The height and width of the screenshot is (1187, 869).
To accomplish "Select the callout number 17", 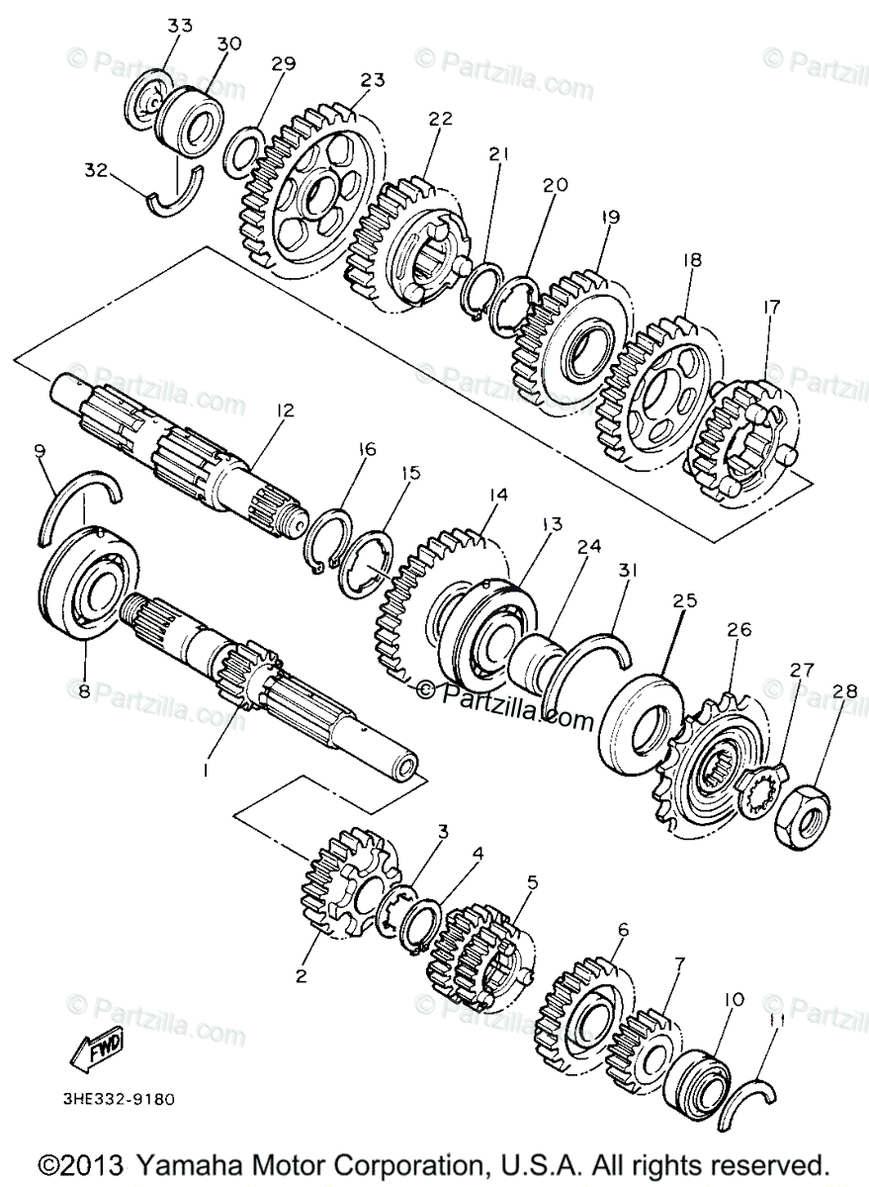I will coord(770,309).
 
